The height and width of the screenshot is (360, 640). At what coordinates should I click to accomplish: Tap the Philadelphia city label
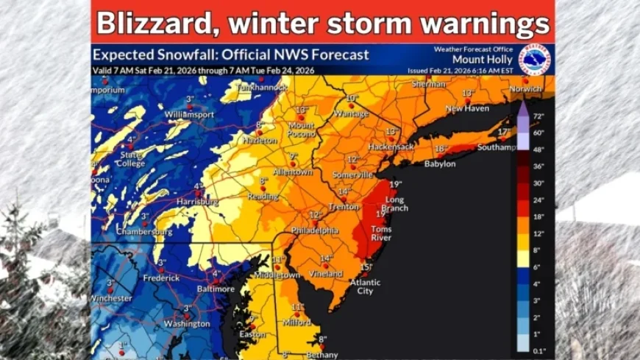click(x=315, y=230)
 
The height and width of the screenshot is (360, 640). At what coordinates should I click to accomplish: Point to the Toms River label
click(x=381, y=233)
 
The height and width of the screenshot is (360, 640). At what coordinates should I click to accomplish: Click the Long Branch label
click(x=395, y=204)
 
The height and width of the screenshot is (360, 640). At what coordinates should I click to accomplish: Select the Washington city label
click(x=187, y=323)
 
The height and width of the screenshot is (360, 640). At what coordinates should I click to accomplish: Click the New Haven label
click(x=466, y=108)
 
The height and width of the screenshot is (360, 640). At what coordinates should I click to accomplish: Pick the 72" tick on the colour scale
click(x=538, y=116)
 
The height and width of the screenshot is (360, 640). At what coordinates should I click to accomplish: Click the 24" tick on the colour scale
click(x=538, y=200)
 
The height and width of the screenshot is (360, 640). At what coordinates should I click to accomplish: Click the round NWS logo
click(x=534, y=59)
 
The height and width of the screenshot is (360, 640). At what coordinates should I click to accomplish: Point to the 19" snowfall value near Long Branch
click(x=396, y=184)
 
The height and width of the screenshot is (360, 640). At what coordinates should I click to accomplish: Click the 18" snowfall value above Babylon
click(x=440, y=149)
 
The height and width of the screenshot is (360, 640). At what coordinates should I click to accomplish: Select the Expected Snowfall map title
click(x=230, y=54)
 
